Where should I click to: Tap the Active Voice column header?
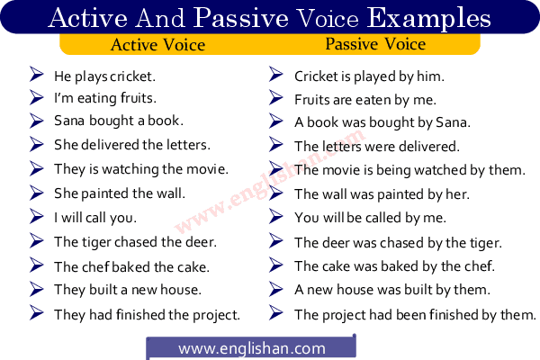(x=157, y=44)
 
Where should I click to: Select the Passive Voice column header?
(x=375, y=43)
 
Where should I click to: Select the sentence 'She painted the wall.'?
(x=119, y=193)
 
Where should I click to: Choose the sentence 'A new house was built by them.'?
(x=391, y=290)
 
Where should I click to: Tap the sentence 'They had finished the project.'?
(x=147, y=314)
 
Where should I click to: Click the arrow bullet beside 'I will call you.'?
(x=37, y=216)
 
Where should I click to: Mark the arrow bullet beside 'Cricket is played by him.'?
(x=277, y=75)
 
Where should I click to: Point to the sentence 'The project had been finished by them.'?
(x=415, y=314)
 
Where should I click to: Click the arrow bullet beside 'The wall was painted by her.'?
(x=277, y=193)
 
